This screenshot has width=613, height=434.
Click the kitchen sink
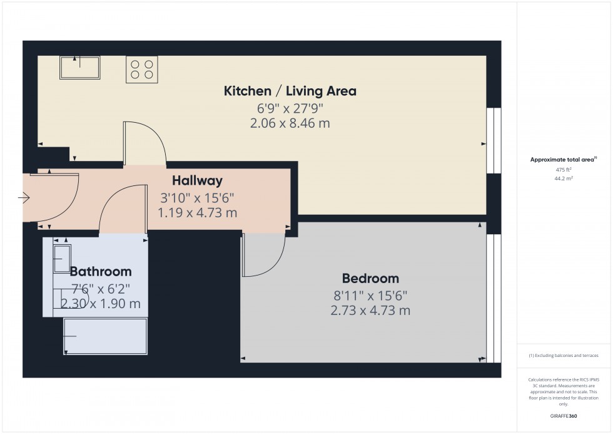(79, 68)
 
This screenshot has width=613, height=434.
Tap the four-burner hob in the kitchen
(142, 69)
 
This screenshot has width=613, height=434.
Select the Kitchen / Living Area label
(290, 91)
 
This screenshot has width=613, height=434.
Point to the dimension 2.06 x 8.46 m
(290, 123)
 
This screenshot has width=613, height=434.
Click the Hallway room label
(198, 181)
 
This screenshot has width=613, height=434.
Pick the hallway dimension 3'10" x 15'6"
(198, 197)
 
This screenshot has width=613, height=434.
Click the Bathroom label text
(101, 272)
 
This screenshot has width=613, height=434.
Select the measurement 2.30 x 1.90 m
(101, 304)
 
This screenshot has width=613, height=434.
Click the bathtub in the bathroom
(105, 336)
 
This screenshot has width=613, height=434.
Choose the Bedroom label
(370, 279)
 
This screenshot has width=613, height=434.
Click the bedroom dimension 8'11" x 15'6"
(370, 295)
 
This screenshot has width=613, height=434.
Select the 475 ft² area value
(564, 169)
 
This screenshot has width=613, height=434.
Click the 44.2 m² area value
(564, 178)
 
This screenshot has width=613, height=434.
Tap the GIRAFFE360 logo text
(564, 415)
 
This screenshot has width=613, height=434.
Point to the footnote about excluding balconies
(564, 356)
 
